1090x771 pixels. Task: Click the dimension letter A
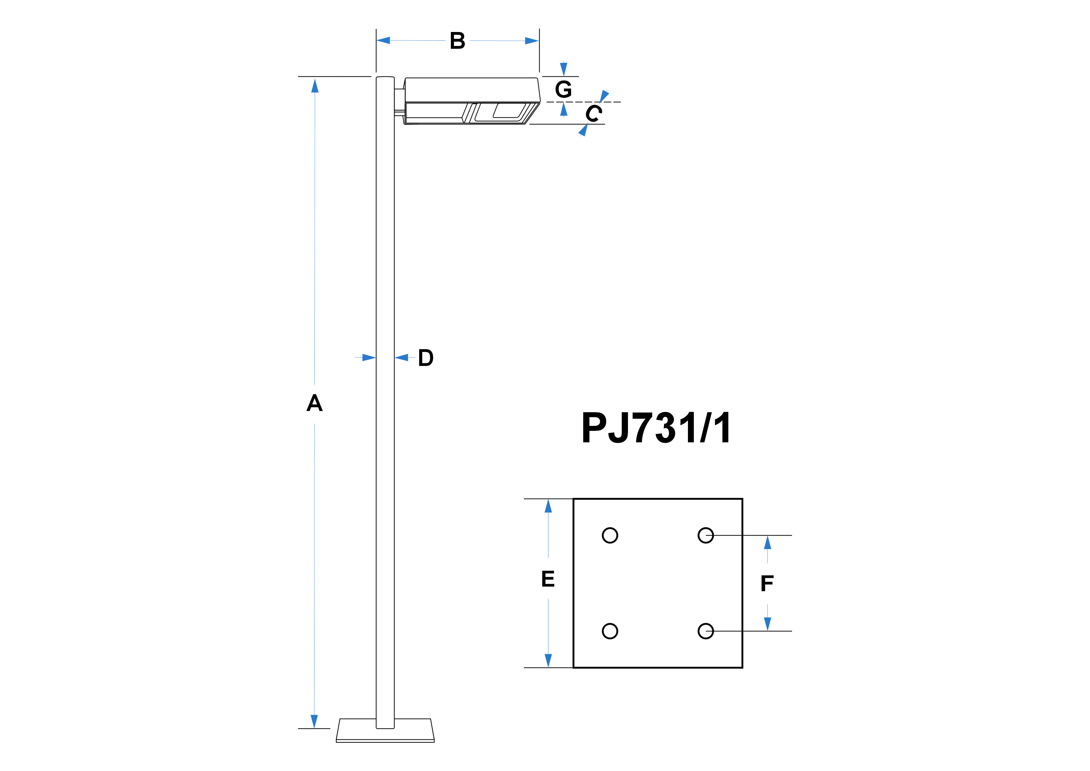click(314, 403)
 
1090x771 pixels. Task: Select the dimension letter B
click(458, 41)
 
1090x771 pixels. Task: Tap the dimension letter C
click(593, 113)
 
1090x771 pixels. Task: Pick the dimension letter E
click(548, 579)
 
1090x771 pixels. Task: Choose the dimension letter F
click(767, 583)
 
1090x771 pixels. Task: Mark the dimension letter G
click(564, 89)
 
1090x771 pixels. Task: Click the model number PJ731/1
click(656, 428)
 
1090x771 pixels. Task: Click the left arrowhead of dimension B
click(383, 40)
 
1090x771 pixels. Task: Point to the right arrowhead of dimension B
click(532, 41)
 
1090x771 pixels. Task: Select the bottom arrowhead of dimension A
click(314, 721)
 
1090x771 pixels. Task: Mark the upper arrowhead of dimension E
click(548, 506)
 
